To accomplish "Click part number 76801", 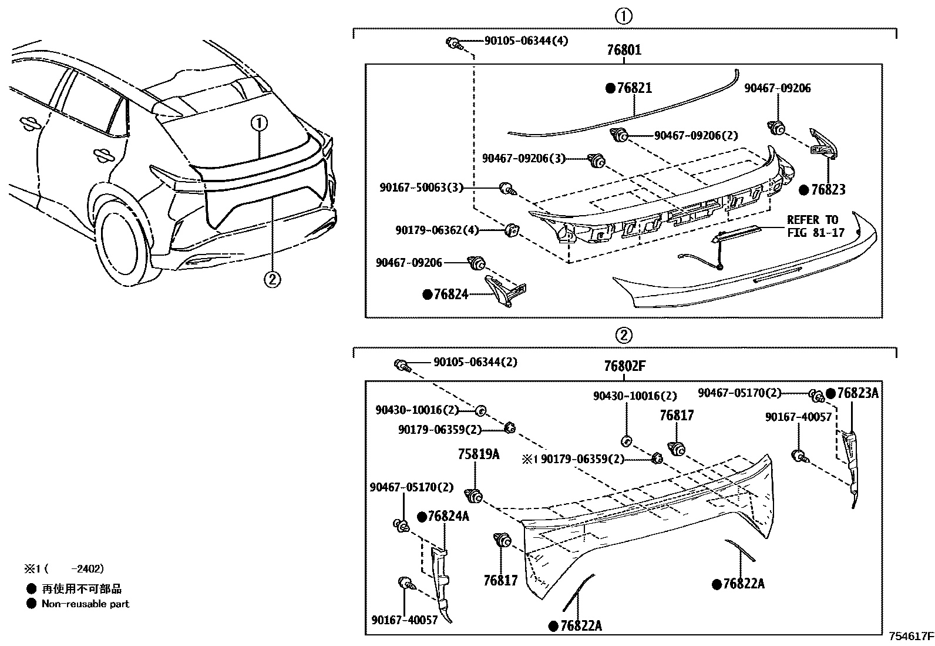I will (624, 51).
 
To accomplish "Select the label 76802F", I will (624, 366).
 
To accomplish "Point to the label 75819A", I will (479, 454).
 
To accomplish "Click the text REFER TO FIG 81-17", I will (815, 226).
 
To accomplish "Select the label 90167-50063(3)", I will (421, 188).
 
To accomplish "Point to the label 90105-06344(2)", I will (475, 362).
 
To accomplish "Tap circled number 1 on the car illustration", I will (259, 123).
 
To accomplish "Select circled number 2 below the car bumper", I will (271, 279).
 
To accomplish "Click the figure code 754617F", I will (910, 635).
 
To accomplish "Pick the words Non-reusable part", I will (85, 604).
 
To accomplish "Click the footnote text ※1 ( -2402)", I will (64, 568).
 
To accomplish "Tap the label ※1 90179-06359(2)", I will (573, 459).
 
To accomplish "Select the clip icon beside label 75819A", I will (473, 496).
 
